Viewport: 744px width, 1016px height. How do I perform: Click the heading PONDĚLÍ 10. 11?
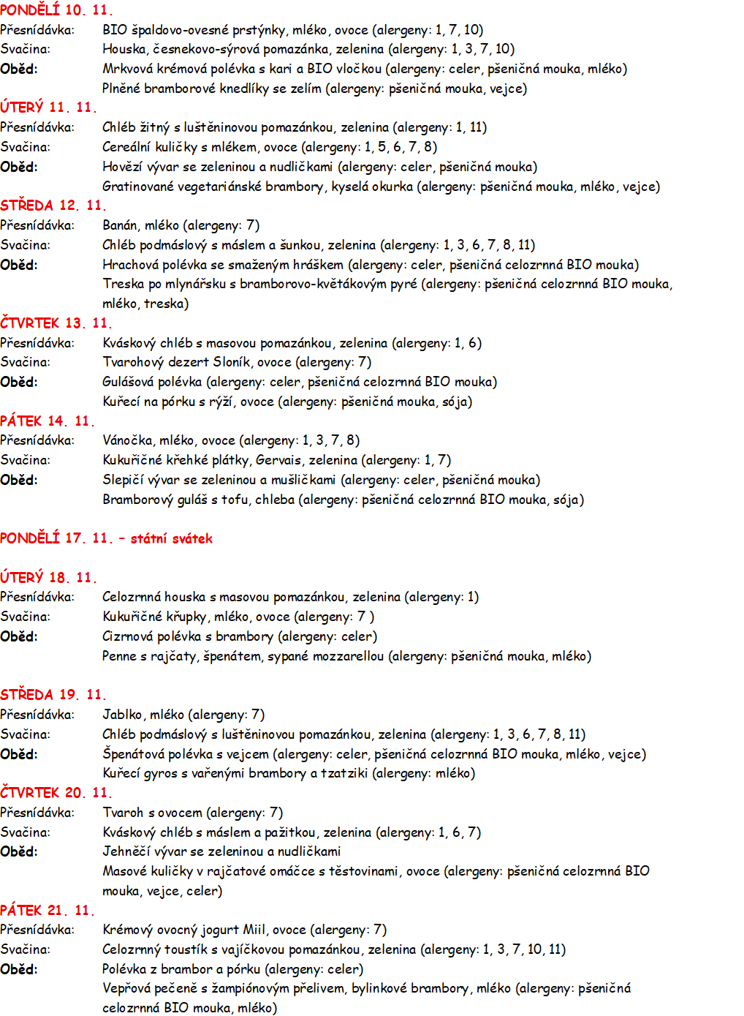(x=56, y=10)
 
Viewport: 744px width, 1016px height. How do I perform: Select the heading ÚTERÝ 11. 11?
(x=48, y=108)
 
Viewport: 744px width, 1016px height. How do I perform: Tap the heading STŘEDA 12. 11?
(x=53, y=206)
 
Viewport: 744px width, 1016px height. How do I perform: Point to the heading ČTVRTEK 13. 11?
(x=56, y=323)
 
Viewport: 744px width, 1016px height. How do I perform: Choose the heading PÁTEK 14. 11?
(x=48, y=421)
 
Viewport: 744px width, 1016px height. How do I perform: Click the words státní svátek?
(x=172, y=539)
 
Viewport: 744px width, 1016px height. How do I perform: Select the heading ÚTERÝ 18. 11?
(x=48, y=578)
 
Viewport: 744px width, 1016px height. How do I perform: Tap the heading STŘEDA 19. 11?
(x=53, y=695)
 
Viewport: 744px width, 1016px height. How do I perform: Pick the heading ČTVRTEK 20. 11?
(x=56, y=793)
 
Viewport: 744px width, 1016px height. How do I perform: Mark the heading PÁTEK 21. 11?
(x=48, y=911)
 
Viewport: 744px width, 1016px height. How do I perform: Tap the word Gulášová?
(x=129, y=382)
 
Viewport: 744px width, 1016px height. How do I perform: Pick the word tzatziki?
(x=344, y=773)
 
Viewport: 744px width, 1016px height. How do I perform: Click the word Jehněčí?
(x=126, y=851)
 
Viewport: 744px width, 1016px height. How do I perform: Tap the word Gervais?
(x=278, y=460)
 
